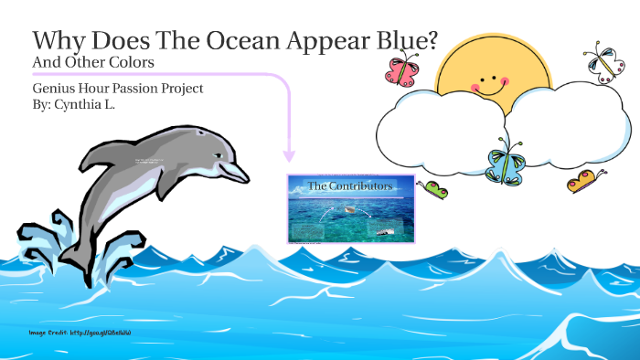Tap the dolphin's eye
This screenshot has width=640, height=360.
218,155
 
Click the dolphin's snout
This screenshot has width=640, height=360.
240,172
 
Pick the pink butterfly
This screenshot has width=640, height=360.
401,69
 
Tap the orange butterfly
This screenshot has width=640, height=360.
586,180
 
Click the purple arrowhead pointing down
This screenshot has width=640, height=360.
290,155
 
